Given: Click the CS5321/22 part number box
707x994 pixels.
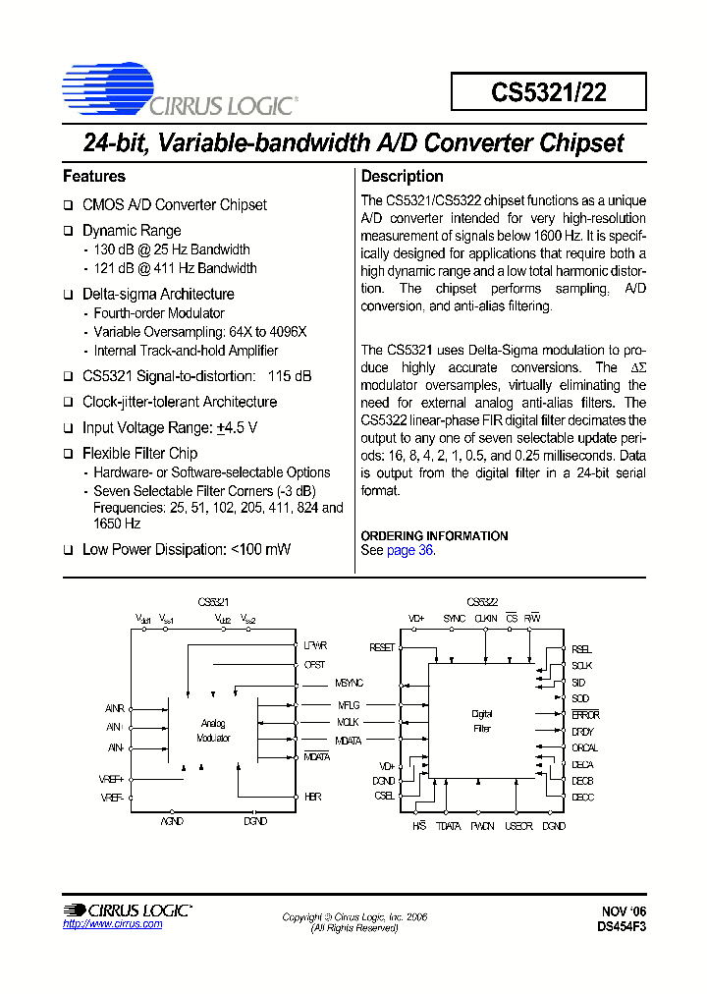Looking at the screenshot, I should pos(549,91).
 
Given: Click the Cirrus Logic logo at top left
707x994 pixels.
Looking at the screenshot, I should pos(178,89).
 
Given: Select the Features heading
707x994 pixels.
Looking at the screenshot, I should pos(94,177).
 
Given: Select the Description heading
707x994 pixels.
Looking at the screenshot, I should pos(403,177).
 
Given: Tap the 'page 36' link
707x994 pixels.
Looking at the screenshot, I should pos(409,550).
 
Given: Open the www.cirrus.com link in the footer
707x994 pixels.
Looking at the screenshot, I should pos(98,925).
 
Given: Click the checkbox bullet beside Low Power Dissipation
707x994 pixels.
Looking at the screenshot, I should pos(69,550).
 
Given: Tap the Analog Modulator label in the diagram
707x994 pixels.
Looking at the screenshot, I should pos(213,730).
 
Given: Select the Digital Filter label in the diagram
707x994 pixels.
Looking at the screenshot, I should pos(482,721).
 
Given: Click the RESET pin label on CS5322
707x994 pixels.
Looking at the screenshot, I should pos(382,647).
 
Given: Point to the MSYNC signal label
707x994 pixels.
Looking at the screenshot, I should pos(349,683).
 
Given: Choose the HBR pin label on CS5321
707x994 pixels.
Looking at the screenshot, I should pos(312,797).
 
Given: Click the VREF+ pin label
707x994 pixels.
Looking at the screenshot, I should pos(112,780).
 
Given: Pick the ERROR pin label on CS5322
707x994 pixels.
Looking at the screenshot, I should pos(585,715).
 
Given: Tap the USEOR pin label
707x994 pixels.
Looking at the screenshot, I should pos(517,827).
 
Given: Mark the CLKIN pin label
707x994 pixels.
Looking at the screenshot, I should pos(485,619).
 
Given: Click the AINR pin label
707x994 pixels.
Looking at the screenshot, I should pos(114,708).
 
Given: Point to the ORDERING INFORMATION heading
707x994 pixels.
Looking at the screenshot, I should pos(434,535).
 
